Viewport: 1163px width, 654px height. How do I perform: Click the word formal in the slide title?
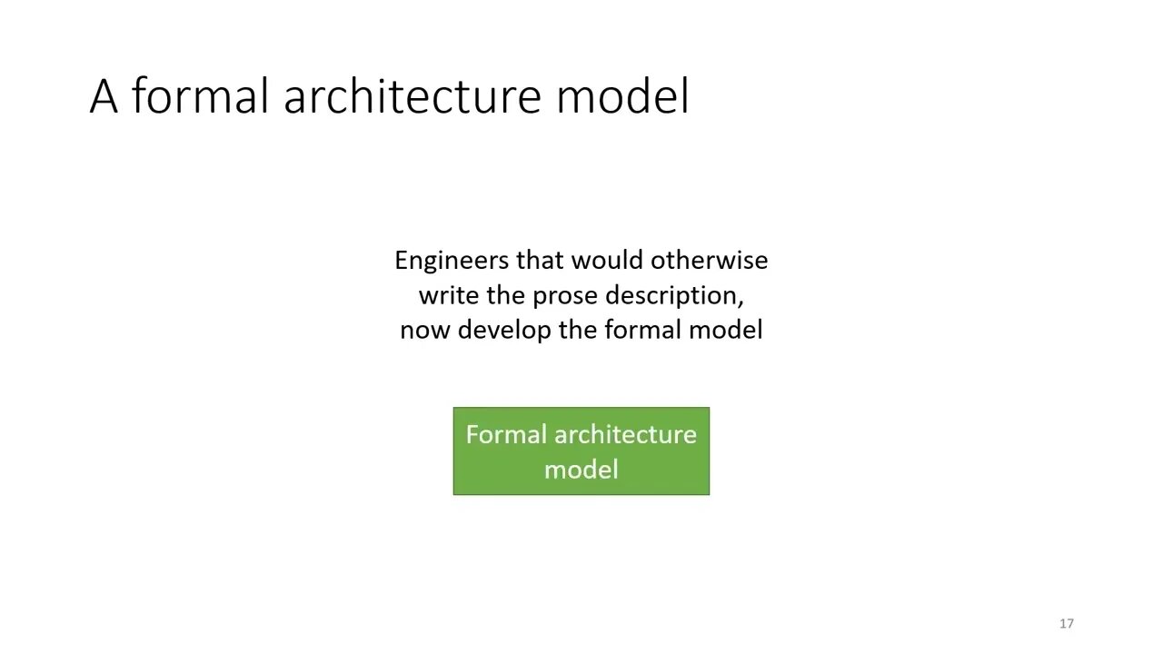(x=200, y=95)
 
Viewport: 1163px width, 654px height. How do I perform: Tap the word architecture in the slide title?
(x=413, y=95)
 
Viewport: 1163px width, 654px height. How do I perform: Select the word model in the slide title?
(x=622, y=95)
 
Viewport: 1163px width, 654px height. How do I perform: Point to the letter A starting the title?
(x=104, y=96)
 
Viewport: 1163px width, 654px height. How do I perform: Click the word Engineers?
(x=452, y=261)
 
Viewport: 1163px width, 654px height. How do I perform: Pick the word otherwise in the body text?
(x=710, y=260)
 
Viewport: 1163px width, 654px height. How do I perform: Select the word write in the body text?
(x=449, y=295)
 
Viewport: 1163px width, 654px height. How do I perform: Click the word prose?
(x=565, y=296)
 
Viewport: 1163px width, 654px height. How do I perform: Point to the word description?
(x=674, y=296)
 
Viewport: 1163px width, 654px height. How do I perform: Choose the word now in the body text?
(x=424, y=331)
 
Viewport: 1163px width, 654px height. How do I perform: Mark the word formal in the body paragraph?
(x=642, y=330)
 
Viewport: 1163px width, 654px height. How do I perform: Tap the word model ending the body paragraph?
(x=725, y=330)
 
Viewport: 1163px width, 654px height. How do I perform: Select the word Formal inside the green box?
(x=506, y=434)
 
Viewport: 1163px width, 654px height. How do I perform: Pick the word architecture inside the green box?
(x=625, y=434)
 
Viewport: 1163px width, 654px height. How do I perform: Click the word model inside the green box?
(x=581, y=470)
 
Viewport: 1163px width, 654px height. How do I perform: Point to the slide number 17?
(x=1067, y=623)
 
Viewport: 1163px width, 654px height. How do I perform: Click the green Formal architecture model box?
(x=581, y=451)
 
